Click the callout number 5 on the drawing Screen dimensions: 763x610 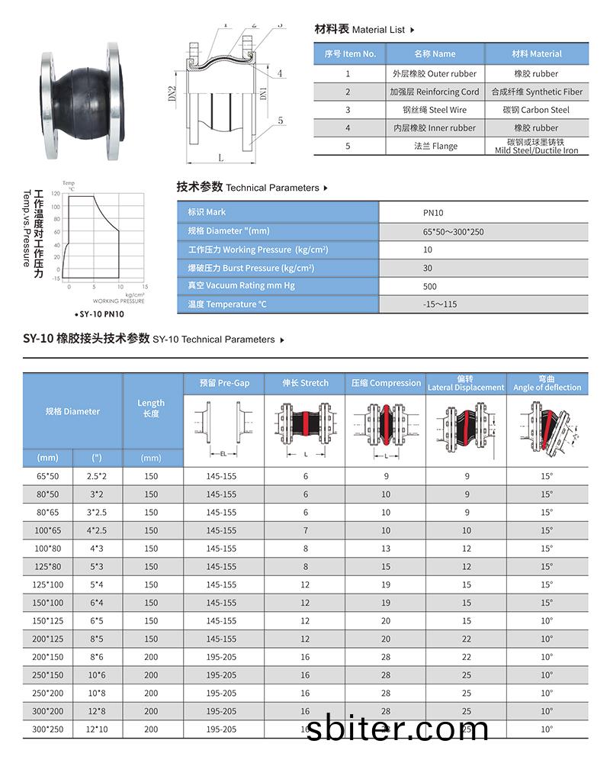coord(281,121)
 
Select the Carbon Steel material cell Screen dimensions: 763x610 coord(536,110)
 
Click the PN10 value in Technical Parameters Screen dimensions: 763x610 coord(433,213)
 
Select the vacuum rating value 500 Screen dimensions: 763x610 coord(430,286)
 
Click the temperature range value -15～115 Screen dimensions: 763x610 coord(440,304)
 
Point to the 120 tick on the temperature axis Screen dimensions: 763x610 coord(56,195)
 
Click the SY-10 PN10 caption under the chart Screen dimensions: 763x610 coord(101,314)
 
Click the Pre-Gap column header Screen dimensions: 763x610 coord(224,383)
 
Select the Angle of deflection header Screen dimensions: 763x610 coord(547,387)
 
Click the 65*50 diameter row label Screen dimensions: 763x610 coord(47,476)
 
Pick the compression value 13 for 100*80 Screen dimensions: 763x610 coord(386,549)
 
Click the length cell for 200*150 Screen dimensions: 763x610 coord(151,657)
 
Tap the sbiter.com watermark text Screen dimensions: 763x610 coord(396,729)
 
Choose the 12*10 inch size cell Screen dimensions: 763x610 coord(97,729)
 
